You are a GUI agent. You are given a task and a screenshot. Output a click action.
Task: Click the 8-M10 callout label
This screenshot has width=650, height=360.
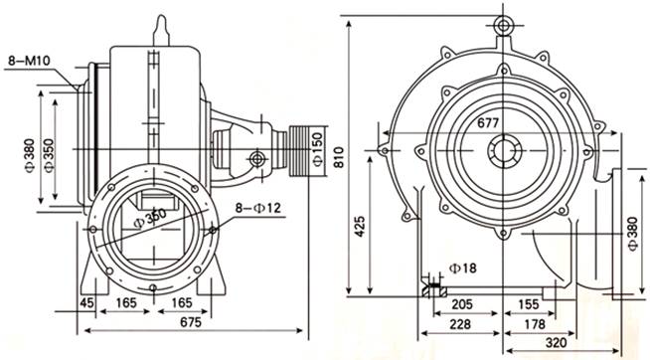pos(29,61)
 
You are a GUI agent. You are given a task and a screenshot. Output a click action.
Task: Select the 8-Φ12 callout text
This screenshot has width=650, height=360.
pos(257,208)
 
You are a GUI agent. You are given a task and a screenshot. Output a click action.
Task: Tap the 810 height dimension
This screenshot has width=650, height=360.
pos(339,157)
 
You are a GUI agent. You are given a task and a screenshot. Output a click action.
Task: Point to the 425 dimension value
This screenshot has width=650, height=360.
pos(360,226)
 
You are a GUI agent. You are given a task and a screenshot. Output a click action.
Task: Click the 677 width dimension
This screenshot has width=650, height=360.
pos(488,122)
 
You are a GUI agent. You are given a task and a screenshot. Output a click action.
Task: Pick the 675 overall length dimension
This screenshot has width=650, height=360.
pos(191,322)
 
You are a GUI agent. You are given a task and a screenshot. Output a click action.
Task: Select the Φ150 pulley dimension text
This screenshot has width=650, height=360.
pos(317,149)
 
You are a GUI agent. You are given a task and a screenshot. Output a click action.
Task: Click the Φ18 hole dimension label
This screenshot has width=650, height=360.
pos(463,268)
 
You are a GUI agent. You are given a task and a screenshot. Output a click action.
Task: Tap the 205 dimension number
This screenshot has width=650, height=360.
pos(462,304)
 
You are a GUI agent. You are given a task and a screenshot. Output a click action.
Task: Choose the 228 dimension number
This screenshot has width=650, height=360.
pos(460,324)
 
